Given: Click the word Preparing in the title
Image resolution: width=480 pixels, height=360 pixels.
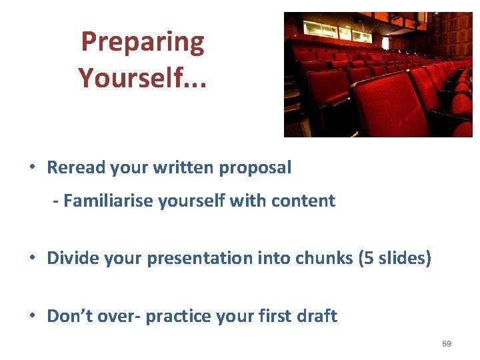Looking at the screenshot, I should (142, 43).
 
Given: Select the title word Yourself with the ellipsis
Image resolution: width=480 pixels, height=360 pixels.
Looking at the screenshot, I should (142, 78).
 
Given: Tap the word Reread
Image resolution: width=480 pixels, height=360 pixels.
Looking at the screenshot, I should (75, 167).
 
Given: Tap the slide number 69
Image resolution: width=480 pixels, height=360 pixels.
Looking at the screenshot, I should (447, 344).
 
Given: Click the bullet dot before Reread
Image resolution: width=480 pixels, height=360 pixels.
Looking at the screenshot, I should (33, 168).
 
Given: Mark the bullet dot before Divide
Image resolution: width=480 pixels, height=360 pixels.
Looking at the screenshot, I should (33, 259).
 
